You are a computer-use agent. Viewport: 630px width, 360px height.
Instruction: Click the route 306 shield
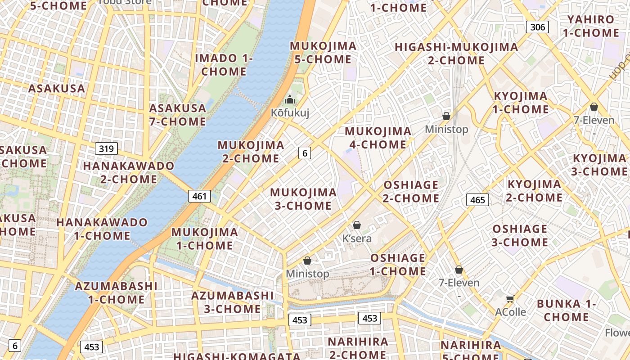pos(537,27)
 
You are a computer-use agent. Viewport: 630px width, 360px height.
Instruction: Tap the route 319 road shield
pos(106,148)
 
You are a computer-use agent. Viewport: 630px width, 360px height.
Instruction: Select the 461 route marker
pos(199,196)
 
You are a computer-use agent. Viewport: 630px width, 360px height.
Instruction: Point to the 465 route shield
pos(477,199)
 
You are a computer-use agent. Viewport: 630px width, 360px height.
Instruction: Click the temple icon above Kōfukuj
pos(290,99)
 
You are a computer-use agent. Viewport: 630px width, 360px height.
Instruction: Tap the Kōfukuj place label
pos(290,112)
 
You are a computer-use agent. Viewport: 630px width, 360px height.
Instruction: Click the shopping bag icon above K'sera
pos(357,225)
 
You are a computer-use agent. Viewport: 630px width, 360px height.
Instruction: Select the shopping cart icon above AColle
pos(510,299)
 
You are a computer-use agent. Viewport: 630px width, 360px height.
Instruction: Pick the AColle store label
pos(510,312)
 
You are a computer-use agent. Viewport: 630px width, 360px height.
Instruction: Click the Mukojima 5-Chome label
pos(323,53)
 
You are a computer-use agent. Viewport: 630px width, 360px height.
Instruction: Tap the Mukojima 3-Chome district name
pos(303,199)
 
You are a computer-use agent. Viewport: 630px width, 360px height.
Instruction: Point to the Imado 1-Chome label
pos(224,65)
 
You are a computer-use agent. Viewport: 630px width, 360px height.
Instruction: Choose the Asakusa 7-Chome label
pos(178,115)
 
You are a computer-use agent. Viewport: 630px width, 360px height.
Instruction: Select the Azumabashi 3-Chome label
pos(232,302)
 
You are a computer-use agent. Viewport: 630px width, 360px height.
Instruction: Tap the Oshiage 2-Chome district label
pos(411,192)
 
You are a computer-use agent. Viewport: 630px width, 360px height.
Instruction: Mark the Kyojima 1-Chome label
pos(521,103)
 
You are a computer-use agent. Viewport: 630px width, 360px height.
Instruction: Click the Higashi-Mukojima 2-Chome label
pos(456,54)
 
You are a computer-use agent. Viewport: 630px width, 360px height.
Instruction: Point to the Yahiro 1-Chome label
pos(591,26)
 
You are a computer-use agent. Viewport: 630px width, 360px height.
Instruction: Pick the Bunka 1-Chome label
pos(566,310)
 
